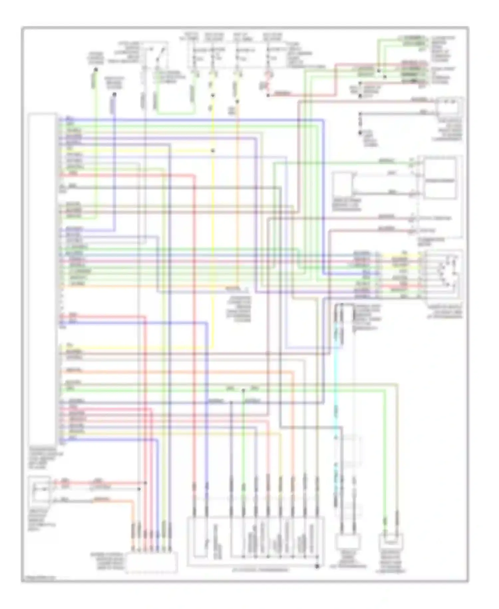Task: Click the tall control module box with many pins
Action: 42,277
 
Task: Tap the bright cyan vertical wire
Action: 336,383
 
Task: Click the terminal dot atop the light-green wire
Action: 95,70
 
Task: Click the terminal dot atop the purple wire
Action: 114,94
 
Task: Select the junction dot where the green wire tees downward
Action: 243,390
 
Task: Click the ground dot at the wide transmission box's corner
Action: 317,566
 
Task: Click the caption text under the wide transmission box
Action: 255,570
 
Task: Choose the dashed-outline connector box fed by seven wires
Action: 151,563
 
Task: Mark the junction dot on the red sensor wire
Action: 145,483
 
